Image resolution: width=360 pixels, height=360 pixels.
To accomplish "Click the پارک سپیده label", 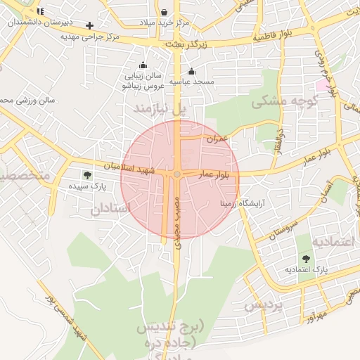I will tap(87, 188).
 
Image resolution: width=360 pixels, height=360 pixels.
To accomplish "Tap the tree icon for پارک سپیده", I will tap(87, 176).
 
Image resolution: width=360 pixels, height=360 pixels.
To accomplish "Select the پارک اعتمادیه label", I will tap(307, 269).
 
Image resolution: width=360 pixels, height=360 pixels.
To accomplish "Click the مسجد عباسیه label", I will tap(192, 82).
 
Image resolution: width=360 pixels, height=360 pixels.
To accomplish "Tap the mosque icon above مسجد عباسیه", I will tap(191, 71).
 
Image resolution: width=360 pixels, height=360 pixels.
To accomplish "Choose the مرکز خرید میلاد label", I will tap(165, 23).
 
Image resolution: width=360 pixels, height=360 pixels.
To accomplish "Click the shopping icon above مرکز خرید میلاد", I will tap(164, 12).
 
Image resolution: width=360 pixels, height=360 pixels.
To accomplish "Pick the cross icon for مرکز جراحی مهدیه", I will tap(89, 26).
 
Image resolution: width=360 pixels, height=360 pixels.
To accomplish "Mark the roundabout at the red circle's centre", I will tap(178, 174).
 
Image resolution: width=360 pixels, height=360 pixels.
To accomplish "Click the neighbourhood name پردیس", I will tap(263, 307).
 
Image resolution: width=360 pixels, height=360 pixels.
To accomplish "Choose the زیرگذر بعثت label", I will tap(185, 44).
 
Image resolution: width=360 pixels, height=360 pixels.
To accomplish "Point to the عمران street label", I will tap(217, 139).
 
